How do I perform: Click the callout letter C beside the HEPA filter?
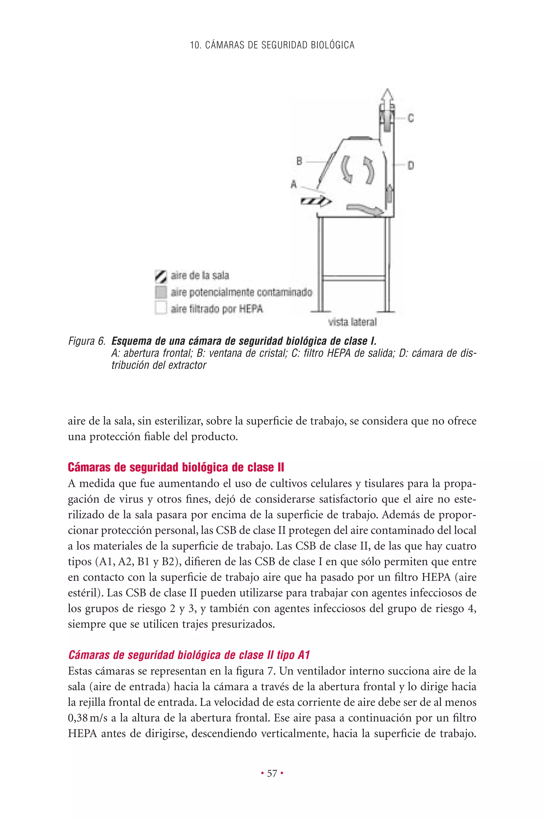point(411,118)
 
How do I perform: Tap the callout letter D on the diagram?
point(411,166)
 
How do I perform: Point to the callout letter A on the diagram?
point(294,184)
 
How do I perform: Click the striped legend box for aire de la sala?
point(160,276)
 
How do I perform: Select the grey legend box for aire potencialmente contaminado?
point(160,292)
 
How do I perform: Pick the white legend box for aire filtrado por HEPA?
point(160,308)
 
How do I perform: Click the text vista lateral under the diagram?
point(352,322)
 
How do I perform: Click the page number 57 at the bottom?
point(272,773)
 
